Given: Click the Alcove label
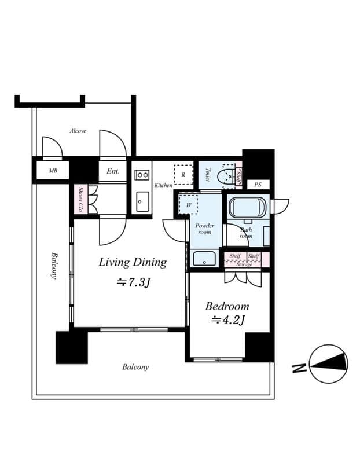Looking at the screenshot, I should coord(78,131).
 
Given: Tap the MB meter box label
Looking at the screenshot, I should coord(53,171).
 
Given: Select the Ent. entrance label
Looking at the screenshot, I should coord(113,171).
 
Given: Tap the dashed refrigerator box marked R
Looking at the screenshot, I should coord(183,174).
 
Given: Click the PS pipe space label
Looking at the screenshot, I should coord(258,185).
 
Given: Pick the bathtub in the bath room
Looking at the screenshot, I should coord(247,207).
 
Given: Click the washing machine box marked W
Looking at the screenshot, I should coord(188,205).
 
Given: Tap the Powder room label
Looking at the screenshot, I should coord(204,229).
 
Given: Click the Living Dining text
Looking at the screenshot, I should coord(133,262).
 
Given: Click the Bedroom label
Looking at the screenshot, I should coord(227,306).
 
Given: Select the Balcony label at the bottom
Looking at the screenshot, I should coord(135,367).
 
